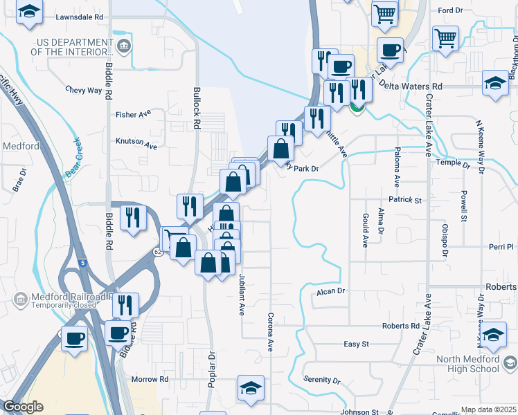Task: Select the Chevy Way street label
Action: (x=84, y=90)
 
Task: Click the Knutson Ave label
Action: (x=136, y=147)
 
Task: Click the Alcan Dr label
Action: (x=330, y=291)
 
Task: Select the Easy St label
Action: (x=357, y=344)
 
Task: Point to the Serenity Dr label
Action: (x=322, y=380)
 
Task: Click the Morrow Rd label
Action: (x=150, y=379)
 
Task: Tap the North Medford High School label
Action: (x=477, y=363)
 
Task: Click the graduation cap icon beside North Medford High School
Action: (x=493, y=335)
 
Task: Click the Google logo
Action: (x=23, y=407)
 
